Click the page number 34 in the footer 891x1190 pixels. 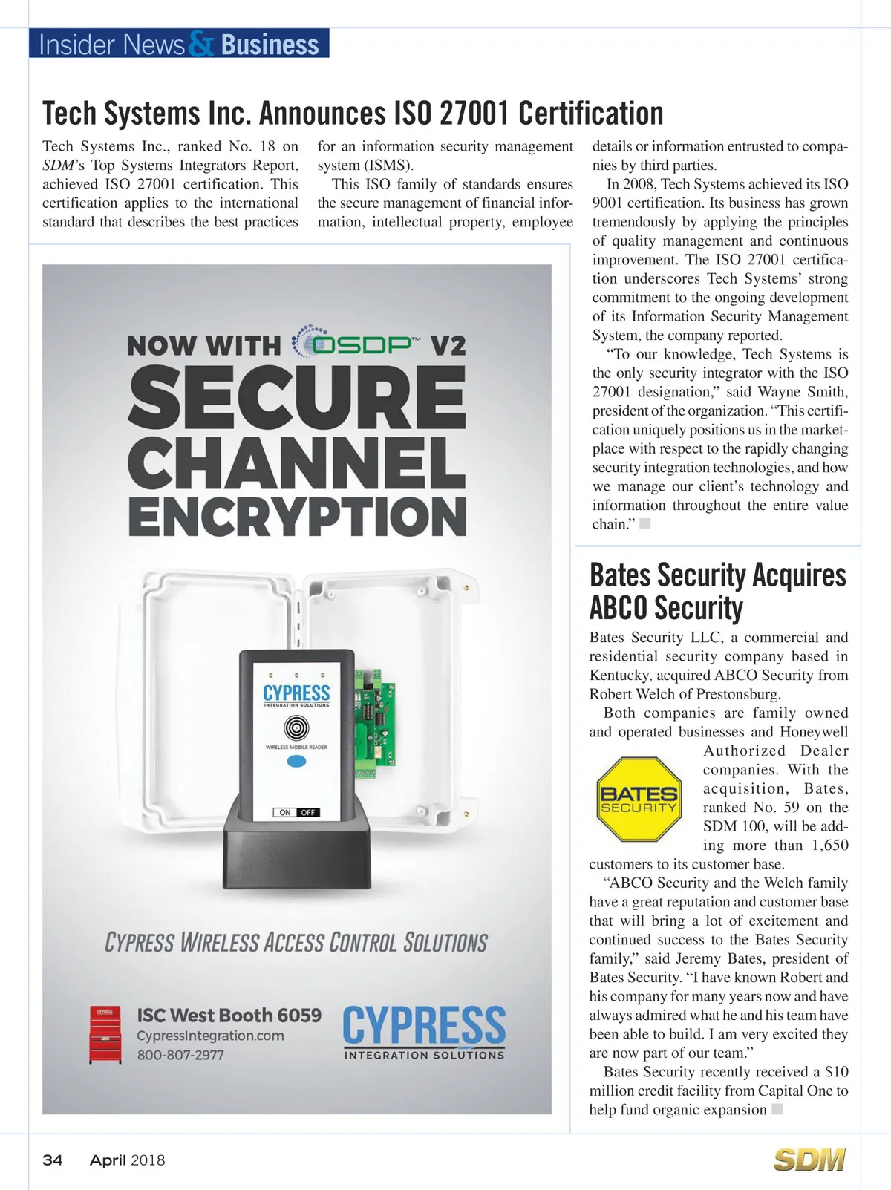pyautogui.click(x=53, y=1160)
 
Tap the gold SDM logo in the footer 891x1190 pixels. pyautogui.click(x=809, y=1160)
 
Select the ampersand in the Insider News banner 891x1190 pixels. pyautogui.click(x=201, y=45)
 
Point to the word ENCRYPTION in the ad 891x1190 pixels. pyautogui.click(x=297, y=517)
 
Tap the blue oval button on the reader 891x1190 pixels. pyautogui.click(x=296, y=762)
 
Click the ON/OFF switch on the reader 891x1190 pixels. pyautogui.click(x=296, y=812)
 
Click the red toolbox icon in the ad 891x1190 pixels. pyautogui.click(x=105, y=1034)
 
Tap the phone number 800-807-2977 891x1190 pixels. pyautogui.click(x=180, y=1055)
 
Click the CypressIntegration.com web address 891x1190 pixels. pyautogui.click(x=210, y=1036)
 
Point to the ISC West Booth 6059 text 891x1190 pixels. pyautogui.click(x=229, y=1015)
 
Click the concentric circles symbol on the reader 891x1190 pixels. pyautogui.click(x=296, y=726)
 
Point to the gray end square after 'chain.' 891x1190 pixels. pyautogui.click(x=644, y=524)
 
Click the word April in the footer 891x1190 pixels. pyautogui.click(x=108, y=1160)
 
